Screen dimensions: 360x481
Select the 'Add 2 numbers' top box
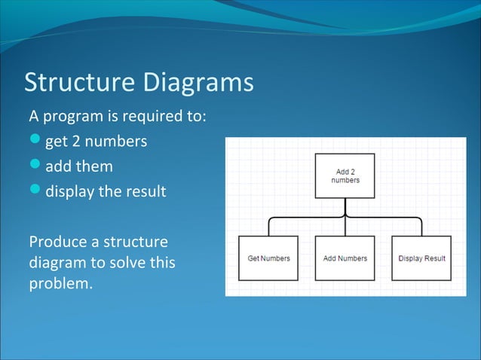click(345, 176)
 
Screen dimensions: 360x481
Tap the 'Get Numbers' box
click(269, 258)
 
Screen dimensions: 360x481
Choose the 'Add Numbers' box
click(345, 258)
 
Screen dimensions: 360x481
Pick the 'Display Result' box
click(421, 258)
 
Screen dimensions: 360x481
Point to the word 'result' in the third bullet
click(146, 191)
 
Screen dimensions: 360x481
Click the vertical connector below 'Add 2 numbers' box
click(345, 206)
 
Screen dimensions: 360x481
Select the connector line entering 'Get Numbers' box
click(269, 227)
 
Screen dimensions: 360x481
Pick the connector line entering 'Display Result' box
click(421, 227)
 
